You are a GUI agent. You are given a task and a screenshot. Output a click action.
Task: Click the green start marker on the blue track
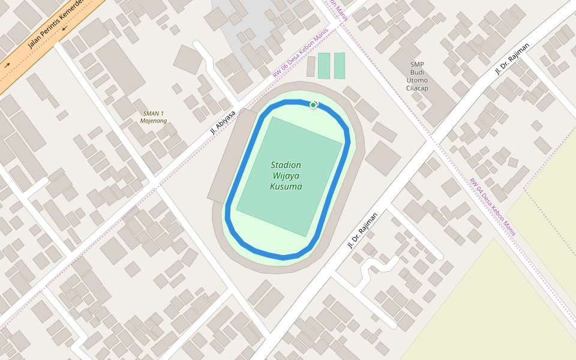[313, 105]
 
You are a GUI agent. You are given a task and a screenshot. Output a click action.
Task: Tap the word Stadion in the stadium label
[286, 165]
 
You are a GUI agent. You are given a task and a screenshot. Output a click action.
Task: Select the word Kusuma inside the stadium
[286, 187]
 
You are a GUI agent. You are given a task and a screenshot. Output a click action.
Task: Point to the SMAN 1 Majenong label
[153, 117]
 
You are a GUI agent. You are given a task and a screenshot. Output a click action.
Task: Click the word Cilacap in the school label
[418, 88]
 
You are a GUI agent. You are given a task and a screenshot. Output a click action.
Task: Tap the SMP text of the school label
[418, 65]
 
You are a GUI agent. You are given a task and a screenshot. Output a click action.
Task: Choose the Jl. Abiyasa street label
[223, 122]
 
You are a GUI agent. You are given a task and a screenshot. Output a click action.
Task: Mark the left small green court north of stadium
[324, 66]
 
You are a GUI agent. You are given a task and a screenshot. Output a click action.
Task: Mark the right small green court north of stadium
[340, 66]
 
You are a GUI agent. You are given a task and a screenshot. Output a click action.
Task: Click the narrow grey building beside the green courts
[311, 67]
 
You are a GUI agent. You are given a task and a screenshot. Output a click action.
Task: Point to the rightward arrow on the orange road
[7, 65]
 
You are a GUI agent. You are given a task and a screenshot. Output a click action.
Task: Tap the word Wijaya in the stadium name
[286, 176]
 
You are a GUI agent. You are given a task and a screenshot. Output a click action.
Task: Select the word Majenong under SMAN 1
[153, 121]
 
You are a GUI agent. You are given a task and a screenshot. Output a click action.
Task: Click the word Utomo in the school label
[418, 80]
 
